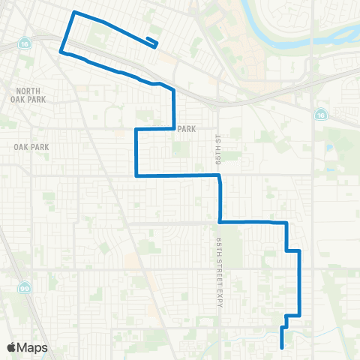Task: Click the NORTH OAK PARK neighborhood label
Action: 31,95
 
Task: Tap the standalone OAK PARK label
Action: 31,147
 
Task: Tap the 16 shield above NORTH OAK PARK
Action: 26,40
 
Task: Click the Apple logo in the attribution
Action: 12,346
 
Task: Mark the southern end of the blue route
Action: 281,347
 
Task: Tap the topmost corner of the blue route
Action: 73,13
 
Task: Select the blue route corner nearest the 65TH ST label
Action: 219,177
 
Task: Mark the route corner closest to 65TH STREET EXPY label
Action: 219,221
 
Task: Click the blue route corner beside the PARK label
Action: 174,128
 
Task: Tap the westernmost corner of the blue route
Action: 61,50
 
